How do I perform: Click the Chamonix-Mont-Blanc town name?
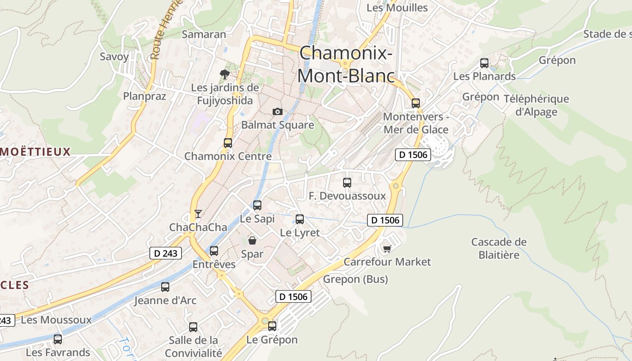[x=346, y=65]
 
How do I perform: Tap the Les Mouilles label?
[x=397, y=8]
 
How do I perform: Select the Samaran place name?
[x=204, y=35]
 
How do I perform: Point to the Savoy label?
[x=114, y=57]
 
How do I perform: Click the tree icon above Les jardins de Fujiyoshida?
[x=224, y=74]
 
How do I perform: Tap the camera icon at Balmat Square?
[x=278, y=111]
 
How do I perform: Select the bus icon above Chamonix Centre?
[x=228, y=143]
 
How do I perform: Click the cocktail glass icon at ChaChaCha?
[x=198, y=214]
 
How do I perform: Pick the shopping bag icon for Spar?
[x=252, y=241]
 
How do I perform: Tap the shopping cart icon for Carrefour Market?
[x=387, y=249]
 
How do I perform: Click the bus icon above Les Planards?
[x=484, y=63]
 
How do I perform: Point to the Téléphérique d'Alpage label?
[x=536, y=105]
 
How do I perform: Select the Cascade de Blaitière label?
[x=499, y=248]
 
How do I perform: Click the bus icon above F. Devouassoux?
[x=347, y=183]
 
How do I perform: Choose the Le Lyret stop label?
[x=300, y=233]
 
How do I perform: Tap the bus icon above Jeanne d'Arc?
[x=165, y=287]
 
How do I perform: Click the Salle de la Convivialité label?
[x=193, y=346]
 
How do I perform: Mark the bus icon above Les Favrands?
[x=58, y=339]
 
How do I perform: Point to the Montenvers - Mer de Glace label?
[x=416, y=123]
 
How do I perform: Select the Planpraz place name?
[x=145, y=96]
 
